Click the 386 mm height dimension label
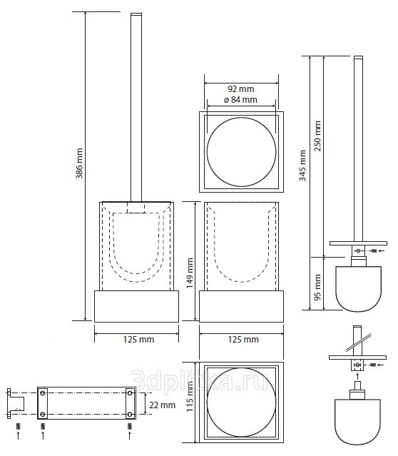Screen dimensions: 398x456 pyautogui.click(x=79, y=163)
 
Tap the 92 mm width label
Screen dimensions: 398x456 pyautogui.click(x=241, y=88)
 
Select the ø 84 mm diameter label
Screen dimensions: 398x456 pyautogui.click(x=240, y=100)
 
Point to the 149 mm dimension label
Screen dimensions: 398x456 pyautogui.click(x=190, y=273)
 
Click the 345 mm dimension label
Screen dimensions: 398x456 pyautogui.click(x=302, y=166)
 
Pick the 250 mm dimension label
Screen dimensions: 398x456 pyautogui.click(x=318, y=136)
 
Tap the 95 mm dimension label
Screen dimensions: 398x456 pyautogui.click(x=318, y=288)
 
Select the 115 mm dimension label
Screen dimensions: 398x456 pyautogui.click(x=190, y=396)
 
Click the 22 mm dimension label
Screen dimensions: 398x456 pyautogui.click(x=162, y=405)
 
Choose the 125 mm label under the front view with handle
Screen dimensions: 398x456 pyautogui.click(x=138, y=340)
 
